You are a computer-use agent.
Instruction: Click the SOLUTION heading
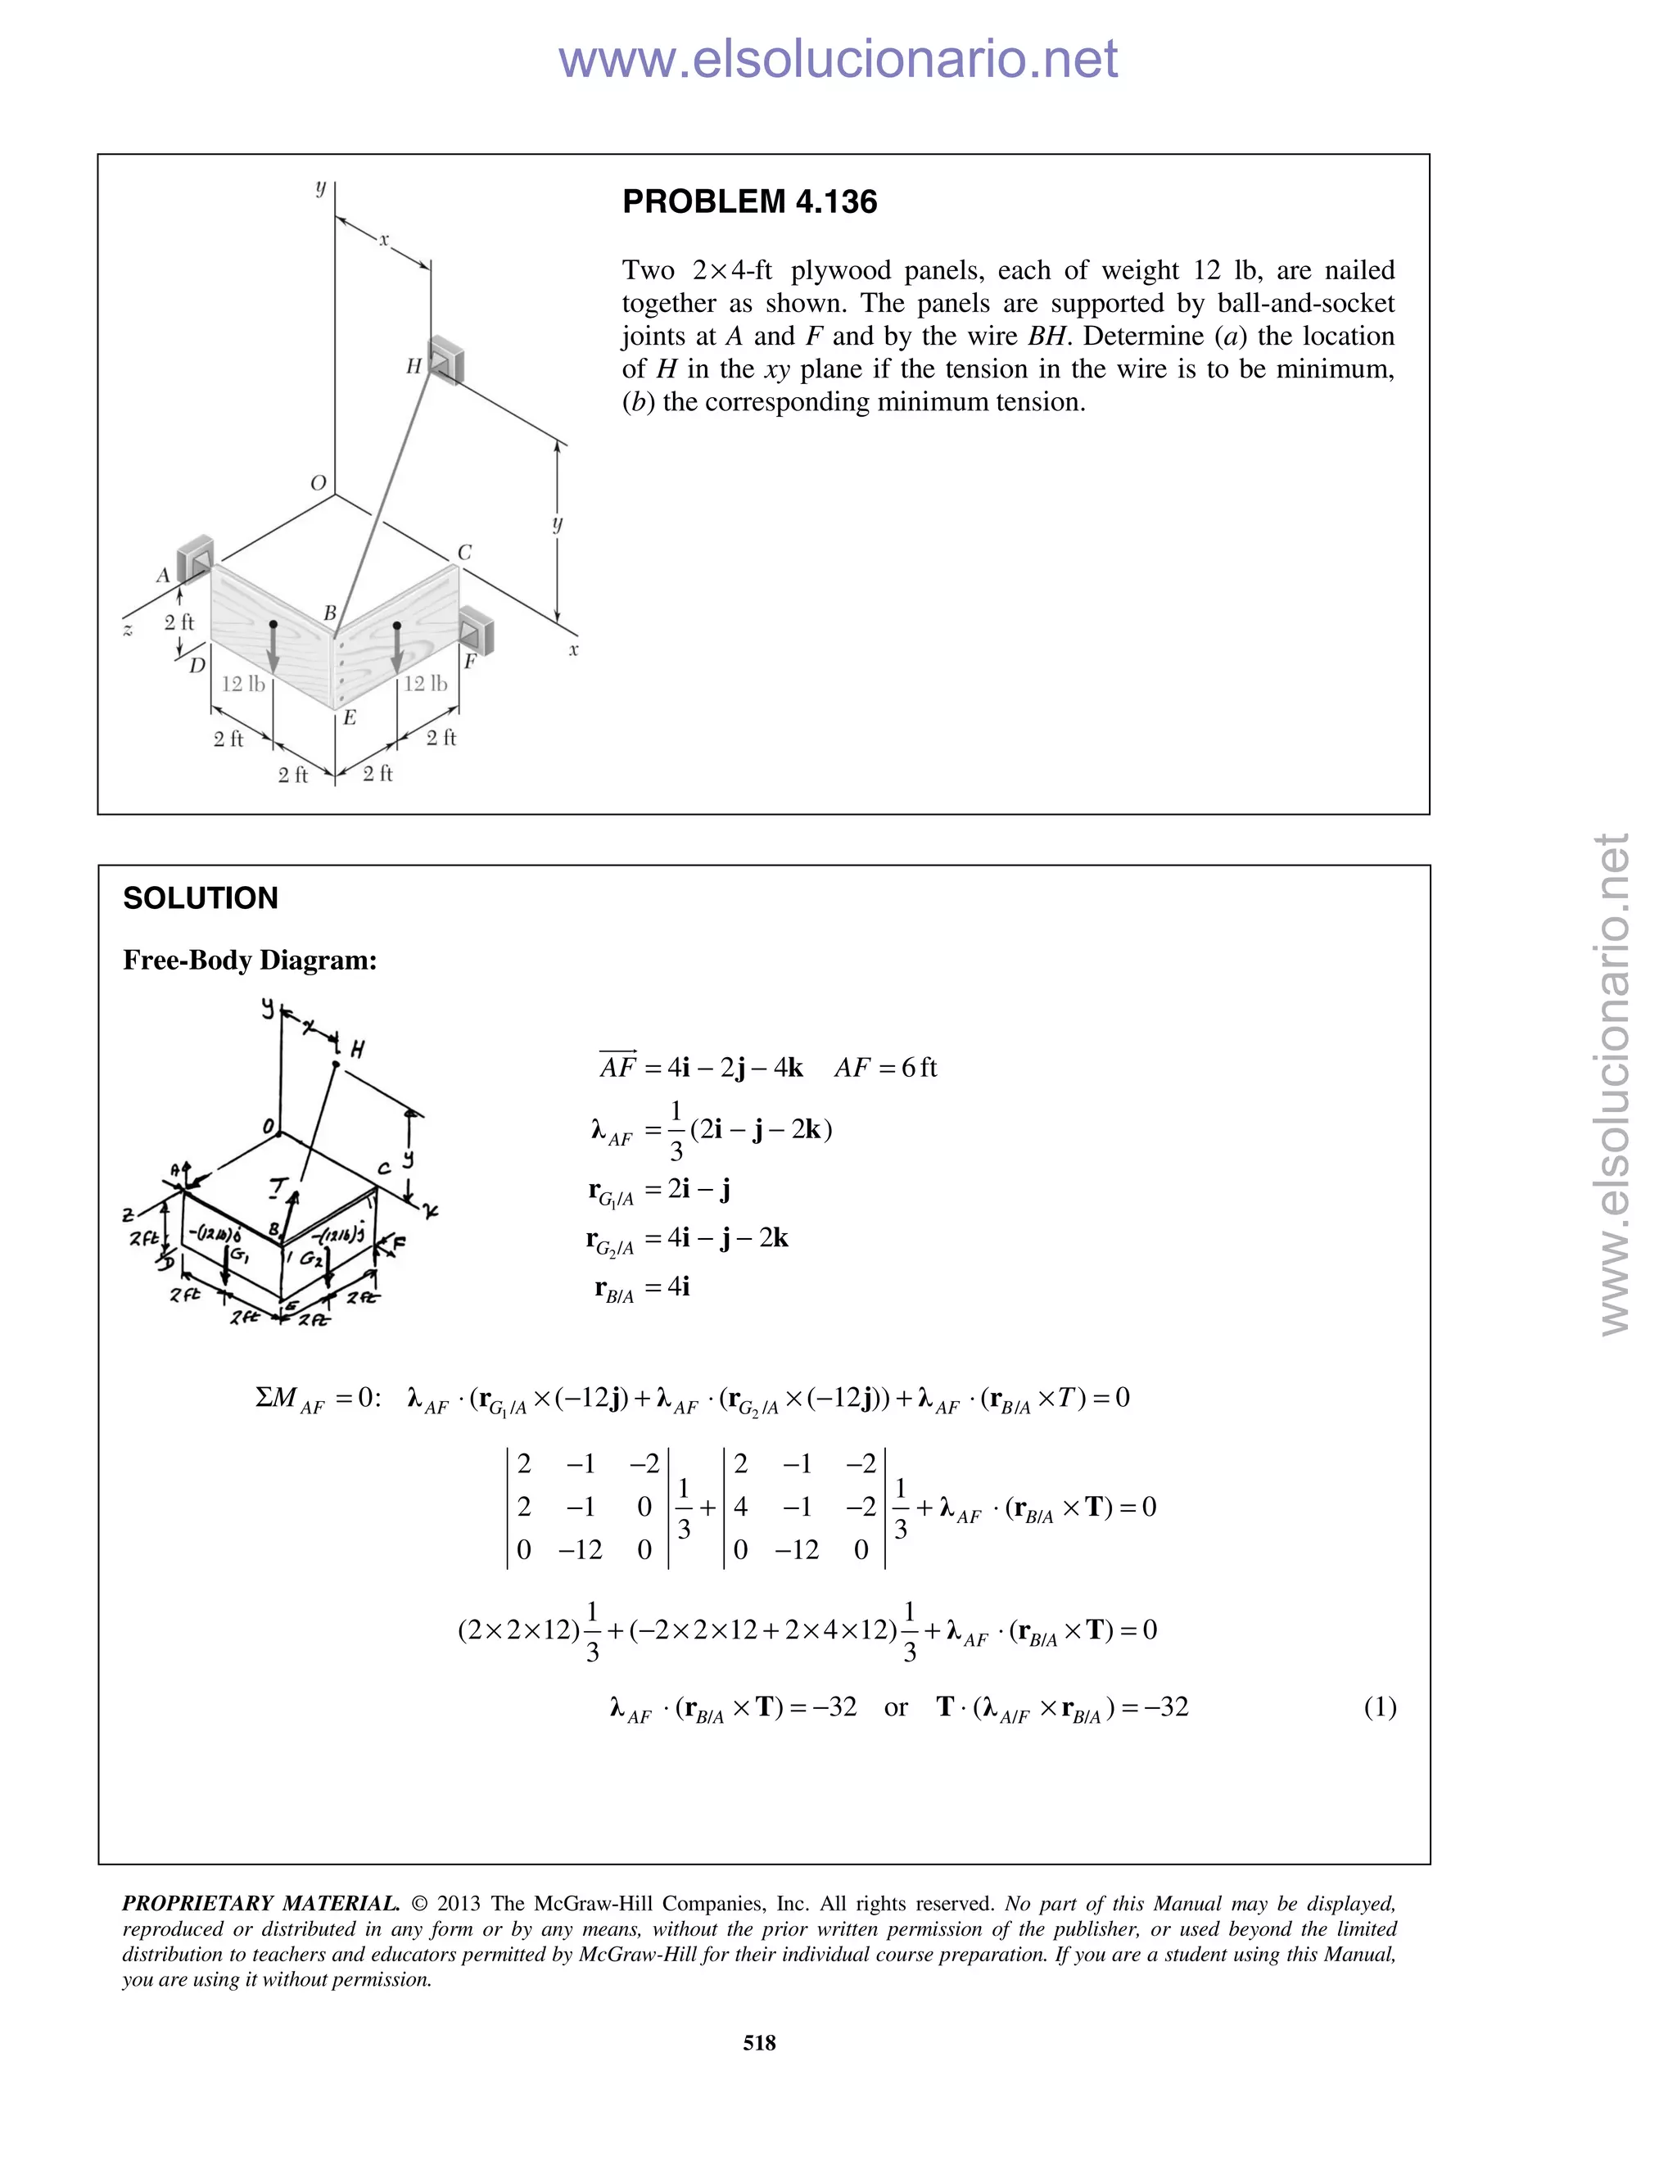point(200,898)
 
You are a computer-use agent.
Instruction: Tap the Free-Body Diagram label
point(250,960)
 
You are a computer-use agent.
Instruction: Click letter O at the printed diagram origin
point(318,484)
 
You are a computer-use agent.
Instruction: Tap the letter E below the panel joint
point(350,717)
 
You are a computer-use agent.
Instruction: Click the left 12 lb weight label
point(242,684)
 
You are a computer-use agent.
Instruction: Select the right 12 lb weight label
point(425,684)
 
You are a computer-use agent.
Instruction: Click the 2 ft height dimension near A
point(179,622)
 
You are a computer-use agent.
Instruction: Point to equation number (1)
point(1380,1707)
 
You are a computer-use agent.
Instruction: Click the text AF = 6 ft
point(885,1068)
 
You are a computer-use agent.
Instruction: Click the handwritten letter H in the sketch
point(357,1049)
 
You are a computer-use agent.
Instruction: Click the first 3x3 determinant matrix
point(588,1506)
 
